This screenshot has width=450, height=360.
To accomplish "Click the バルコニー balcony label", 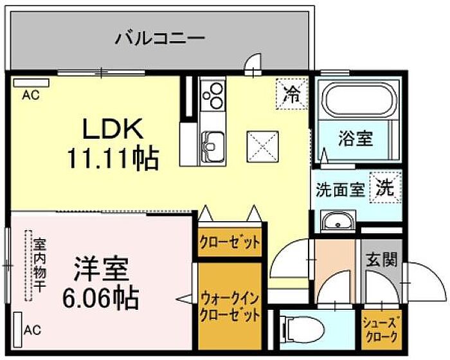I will click(x=160, y=38).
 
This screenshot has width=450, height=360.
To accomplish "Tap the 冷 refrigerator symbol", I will click(x=291, y=94).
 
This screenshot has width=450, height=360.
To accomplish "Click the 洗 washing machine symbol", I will click(x=384, y=188).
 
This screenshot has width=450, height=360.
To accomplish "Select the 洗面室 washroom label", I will click(x=340, y=190).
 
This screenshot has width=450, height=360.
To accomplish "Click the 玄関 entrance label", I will click(x=381, y=260).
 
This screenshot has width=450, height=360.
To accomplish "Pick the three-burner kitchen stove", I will click(x=212, y=96).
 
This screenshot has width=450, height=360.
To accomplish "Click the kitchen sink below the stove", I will click(x=212, y=141).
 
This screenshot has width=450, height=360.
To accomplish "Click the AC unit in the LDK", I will click(x=30, y=82).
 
